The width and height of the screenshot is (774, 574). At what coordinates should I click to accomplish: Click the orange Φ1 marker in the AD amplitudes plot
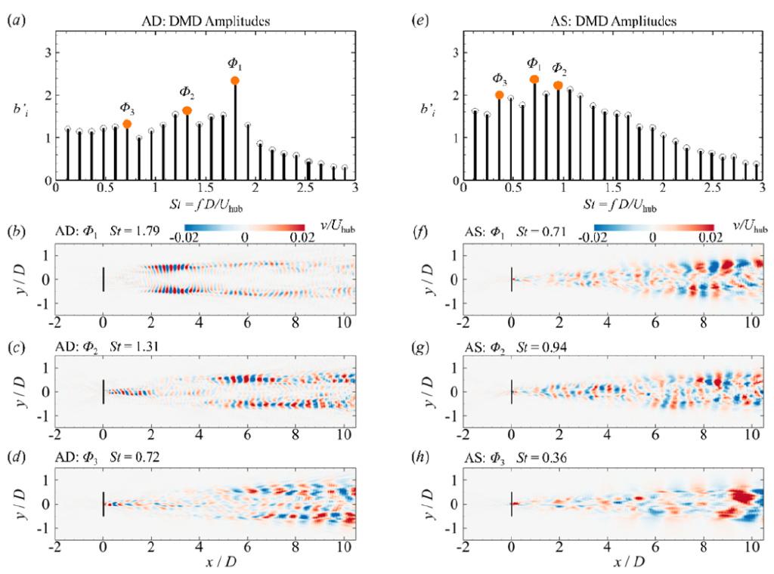tap(235, 81)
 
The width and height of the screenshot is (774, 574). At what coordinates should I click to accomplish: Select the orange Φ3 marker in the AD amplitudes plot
tap(127, 124)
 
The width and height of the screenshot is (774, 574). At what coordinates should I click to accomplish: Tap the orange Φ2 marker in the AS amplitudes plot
tap(558, 85)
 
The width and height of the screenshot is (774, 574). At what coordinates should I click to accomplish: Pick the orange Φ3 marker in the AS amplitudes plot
tap(500, 94)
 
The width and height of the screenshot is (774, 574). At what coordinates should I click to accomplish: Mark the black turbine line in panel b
tap(103, 278)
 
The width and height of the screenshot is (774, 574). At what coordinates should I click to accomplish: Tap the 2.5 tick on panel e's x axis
tap(712, 193)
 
